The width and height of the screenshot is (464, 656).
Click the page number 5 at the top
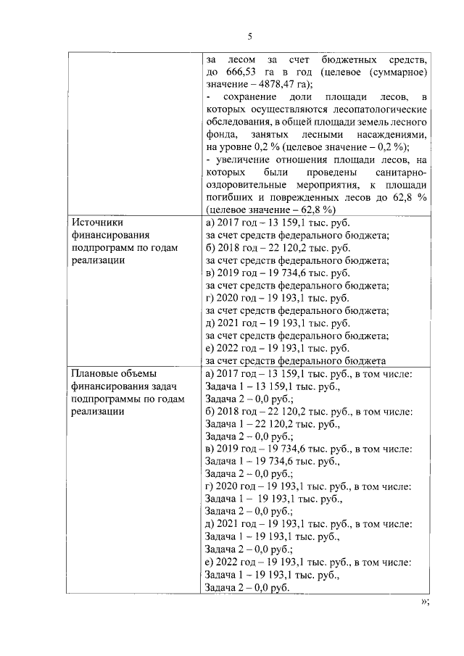point(249,36)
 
